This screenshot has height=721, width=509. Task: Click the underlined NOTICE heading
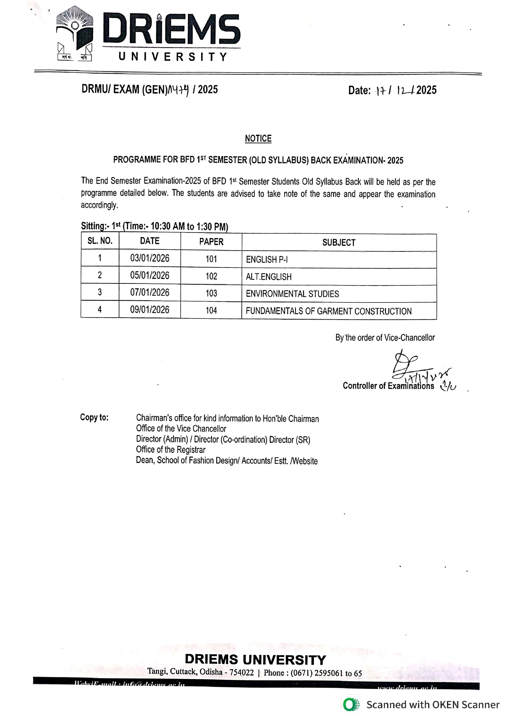pyautogui.click(x=258, y=139)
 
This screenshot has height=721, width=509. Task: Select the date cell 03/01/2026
pyautogui.click(x=150, y=258)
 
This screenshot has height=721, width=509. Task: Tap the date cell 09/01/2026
pyautogui.click(x=150, y=310)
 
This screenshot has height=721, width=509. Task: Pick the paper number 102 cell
pyautogui.click(x=211, y=276)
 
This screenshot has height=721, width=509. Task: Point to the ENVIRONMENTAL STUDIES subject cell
pyautogui.click(x=292, y=294)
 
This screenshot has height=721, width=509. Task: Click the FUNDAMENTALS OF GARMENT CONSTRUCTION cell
pyautogui.click(x=328, y=311)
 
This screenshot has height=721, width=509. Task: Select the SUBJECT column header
pyautogui.click(x=339, y=242)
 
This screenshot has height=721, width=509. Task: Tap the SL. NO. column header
pyautogui.click(x=100, y=241)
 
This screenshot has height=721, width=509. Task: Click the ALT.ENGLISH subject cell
pyautogui.click(x=268, y=277)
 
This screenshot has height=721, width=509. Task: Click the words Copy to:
pyautogui.click(x=94, y=417)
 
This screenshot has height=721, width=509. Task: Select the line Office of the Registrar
pyautogui.click(x=171, y=450)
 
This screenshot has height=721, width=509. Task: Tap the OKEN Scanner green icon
pyautogui.click(x=351, y=705)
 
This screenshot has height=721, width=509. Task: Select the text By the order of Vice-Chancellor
pyautogui.click(x=385, y=338)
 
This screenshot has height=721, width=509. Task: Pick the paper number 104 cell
pyautogui.click(x=211, y=311)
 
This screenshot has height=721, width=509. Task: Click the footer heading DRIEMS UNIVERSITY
pyautogui.click(x=255, y=659)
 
